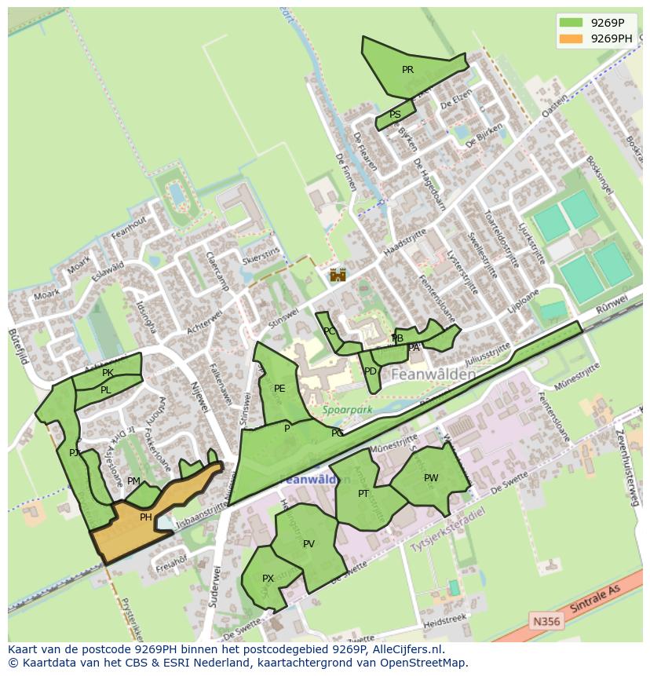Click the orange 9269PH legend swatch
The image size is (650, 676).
point(571,38)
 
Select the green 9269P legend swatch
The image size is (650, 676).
point(571,23)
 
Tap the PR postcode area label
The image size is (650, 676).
point(407,70)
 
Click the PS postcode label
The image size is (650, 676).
point(395,115)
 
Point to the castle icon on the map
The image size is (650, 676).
point(338,275)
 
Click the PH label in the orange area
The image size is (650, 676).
point(145,517)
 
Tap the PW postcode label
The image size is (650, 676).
point(431,478)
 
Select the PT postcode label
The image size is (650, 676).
point(363,494)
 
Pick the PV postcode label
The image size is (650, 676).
point(309,544)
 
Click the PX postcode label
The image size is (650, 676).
point(268,579)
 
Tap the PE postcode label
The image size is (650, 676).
point(279,389)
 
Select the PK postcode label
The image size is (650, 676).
point(108,373)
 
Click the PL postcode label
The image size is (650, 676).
point(105,390)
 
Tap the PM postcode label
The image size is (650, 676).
point(133,481)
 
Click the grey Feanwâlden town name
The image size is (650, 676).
point(433,375)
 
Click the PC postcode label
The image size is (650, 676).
point(330,331)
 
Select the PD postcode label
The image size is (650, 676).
point(371,371)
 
